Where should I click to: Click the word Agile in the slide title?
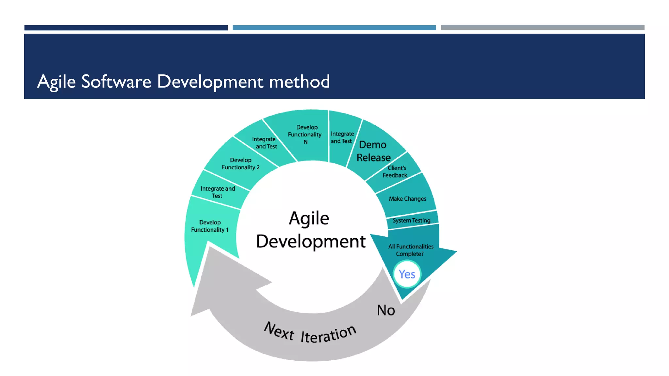[56, 82]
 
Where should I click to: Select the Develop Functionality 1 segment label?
[210, 226]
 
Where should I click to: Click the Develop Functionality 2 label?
[241, 164]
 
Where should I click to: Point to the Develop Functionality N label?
[305, 134]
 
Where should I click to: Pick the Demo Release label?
[373, 151]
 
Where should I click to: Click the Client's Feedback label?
[395, 172]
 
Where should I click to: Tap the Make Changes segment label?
[407, 199]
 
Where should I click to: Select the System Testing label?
[411, 220]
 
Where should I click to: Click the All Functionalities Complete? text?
[411, 250]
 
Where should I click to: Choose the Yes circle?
[407, 274]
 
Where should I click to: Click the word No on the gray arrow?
[386, 310]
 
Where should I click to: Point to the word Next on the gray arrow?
[279, 331]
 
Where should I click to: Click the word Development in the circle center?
[311, 242]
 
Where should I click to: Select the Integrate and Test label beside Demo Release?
[342, 137]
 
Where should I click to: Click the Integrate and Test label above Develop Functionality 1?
[218, 192]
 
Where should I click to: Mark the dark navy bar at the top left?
[126, 28]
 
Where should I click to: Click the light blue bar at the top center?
[334, 28]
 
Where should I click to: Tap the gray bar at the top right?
[543, 28]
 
